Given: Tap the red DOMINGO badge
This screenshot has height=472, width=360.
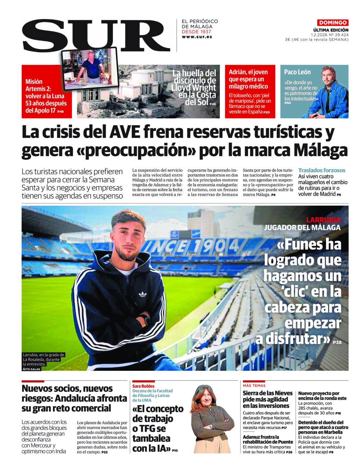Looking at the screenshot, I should click(x=333, y=23).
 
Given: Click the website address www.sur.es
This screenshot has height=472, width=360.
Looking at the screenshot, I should click(x=197, y=37).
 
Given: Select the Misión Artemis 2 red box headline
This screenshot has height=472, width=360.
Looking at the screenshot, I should click(x=46, y=96).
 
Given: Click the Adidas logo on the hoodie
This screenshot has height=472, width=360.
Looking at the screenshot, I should click(x=143, y=294).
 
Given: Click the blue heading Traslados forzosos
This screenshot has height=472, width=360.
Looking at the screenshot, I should click(x=321, y=170).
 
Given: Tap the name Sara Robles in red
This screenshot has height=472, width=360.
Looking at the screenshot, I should click(x=143, y=386).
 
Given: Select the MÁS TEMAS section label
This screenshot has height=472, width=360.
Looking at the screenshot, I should click(x=254, y=385).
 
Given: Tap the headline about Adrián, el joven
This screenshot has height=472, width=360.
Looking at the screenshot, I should click(x=248, y=79).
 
